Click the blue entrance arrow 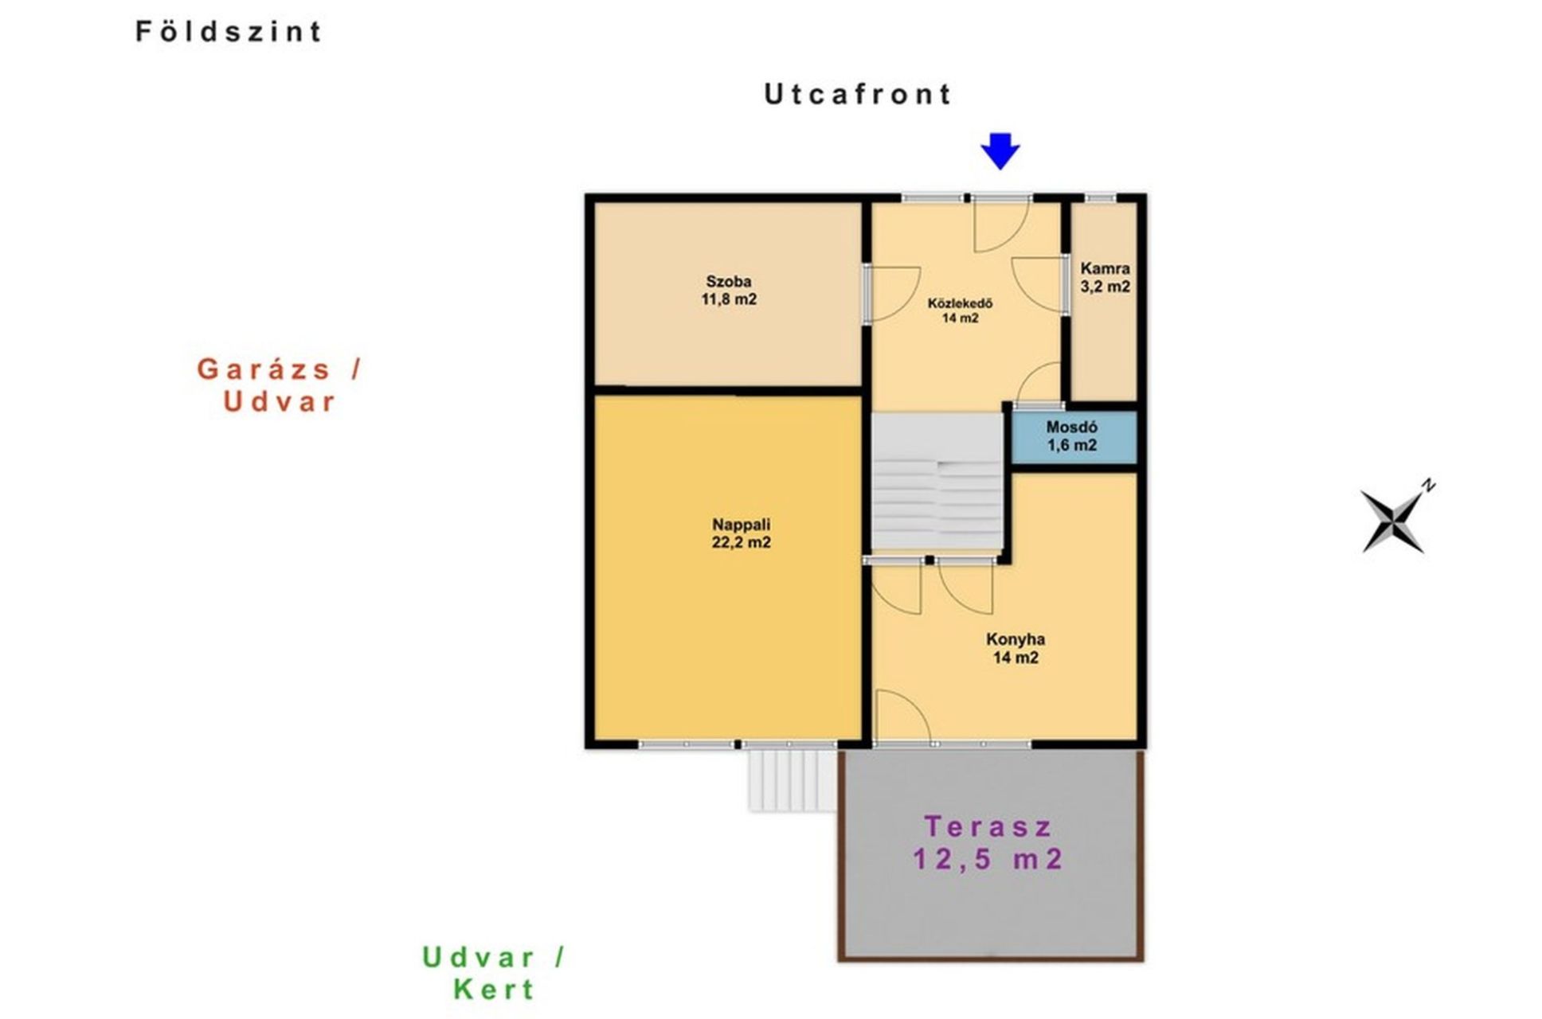(x=1000, y=150)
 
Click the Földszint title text (x=229, y=31)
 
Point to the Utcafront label (x=857, y=94)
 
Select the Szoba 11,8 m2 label (x=729, y=291)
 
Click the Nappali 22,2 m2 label (x=741, y=533)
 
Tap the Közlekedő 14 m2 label (x=960, y=310)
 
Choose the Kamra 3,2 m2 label (x=1105, y=278)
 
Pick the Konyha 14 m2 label (x=1016, y=648)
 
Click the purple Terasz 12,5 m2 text (x=988, y=843)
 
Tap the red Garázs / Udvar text (x=279, y=385)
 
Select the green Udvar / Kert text (x=494, y=973)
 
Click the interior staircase (x=937, y=481)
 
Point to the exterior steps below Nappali (x=792, y=781)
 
